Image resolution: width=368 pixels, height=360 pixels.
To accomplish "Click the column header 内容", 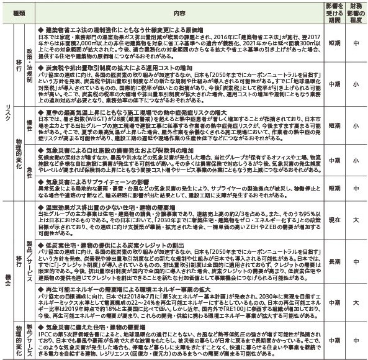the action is click(180, 11).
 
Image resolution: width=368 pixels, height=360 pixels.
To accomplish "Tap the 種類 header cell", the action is click(19, 11).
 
